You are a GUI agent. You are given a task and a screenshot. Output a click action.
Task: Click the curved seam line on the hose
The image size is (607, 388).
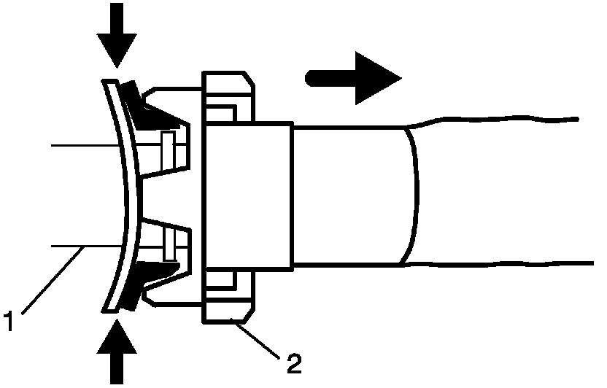[417, 193]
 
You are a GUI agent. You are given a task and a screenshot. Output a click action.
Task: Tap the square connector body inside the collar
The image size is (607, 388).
[248, 195]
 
